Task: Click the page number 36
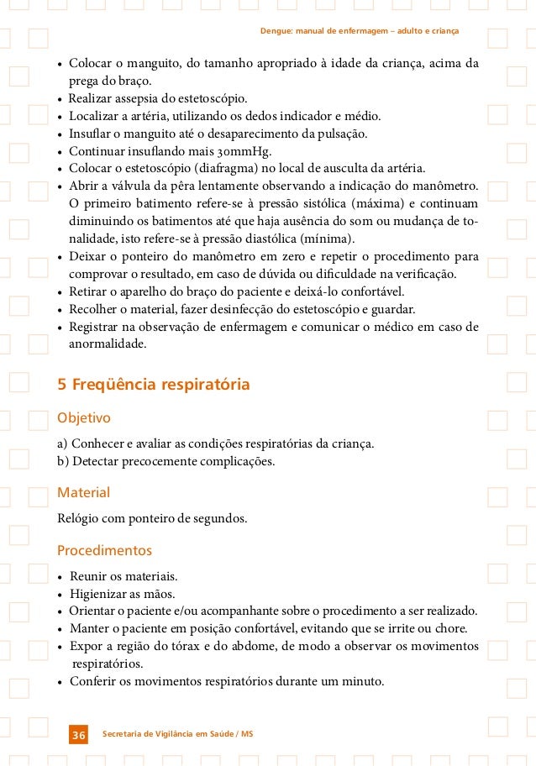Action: point(78,736)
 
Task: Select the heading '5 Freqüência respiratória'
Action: point(153,386)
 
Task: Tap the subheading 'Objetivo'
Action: point(83,417)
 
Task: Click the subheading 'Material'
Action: point(82,492)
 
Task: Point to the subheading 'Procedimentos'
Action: point(104,551)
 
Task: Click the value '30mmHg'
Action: point(239,150)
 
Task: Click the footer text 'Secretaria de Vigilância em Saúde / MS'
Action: point(176,735)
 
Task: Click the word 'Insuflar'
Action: point(92,134)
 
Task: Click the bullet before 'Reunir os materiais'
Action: point(60,577)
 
